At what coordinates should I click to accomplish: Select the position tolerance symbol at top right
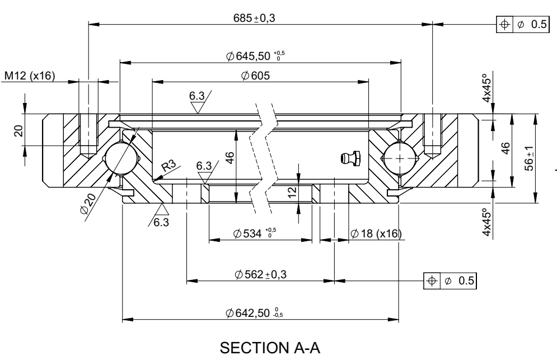(504, 25)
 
